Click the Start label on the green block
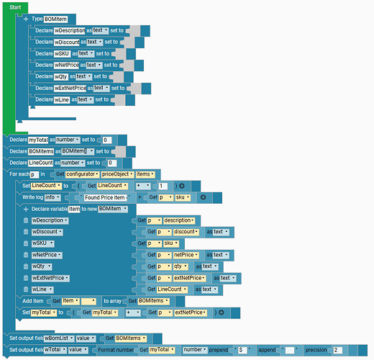(x=15, y=7)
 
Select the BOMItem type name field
(x=55, y=19)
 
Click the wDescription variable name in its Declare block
(x=70, y=30)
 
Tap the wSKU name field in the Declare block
(x=62, y=53)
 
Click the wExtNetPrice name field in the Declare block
(x=70, y=88)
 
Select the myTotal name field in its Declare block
(x=38, y=140)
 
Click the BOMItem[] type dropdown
(x=78, y=151)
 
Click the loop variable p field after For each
(x=35, y=174)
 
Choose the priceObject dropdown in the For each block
(x=117, y=174)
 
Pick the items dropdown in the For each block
(x=145, y=174)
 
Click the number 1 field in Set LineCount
(x=163, y=186)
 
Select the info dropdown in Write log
(x=52, y=197)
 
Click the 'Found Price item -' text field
(x=105, y=197)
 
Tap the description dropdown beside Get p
(x=179, y=220)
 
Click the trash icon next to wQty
(x=26, y=266)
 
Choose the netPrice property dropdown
(x=186, y=255)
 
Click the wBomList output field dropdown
(x=59, y=338)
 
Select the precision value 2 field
(x=337, y=350)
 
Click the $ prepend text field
(x=242, y=350)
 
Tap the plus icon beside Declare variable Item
(x=26, y=210)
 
